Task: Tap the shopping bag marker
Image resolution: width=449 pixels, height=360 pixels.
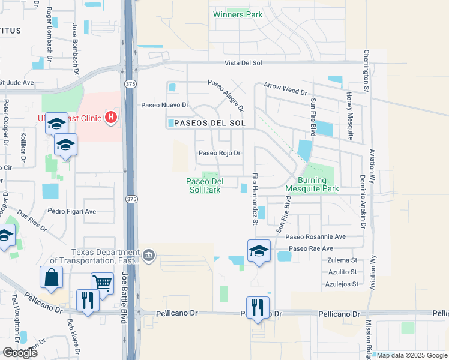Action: pyautogui.click(x=51, y=278)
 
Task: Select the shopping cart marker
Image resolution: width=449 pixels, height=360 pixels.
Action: pyautogui.click(x=102, y=283)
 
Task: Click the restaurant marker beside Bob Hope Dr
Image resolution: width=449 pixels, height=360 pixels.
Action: pyautogui.click(x=88, y=301)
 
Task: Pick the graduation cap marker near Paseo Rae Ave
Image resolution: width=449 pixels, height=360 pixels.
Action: pyautogui.click(x=259, y=251)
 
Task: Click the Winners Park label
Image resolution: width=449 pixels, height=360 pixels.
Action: pyautogui.click(x=238, y=14)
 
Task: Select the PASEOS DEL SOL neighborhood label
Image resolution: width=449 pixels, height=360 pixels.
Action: pyautogui.click(x=206, y=123)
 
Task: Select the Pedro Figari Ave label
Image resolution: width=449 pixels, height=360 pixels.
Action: pyautogui.click(x=73, y=211)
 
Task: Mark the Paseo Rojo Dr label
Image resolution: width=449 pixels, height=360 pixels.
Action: pyautogui.click(x=220, y=153)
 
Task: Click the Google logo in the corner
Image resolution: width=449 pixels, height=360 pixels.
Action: pyautogui.click(x=20, y=352)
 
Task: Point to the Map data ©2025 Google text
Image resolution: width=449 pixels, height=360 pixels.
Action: pyautogui.click(x=412, y=355)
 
